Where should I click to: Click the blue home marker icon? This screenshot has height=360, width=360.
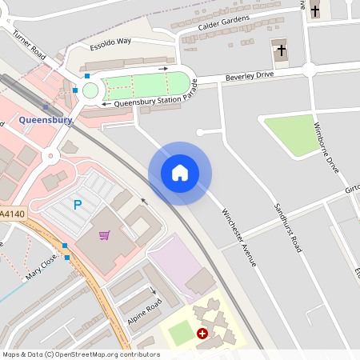(x=180, y=173)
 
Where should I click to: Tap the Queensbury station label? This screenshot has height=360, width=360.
(x=46, y=120)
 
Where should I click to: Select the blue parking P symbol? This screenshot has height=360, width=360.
(x=78, y=205)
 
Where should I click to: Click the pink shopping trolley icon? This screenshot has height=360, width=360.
(x=104, y=234)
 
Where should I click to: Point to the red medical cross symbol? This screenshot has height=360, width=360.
(x=202, y=333)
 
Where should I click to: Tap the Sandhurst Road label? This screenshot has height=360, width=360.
(x=287, y=227)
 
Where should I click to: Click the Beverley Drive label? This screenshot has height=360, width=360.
(x=250, y=75)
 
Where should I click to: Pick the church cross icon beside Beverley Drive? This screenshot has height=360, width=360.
(x=281, y=50)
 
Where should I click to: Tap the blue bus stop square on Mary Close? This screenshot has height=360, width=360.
(x=66, y=257)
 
